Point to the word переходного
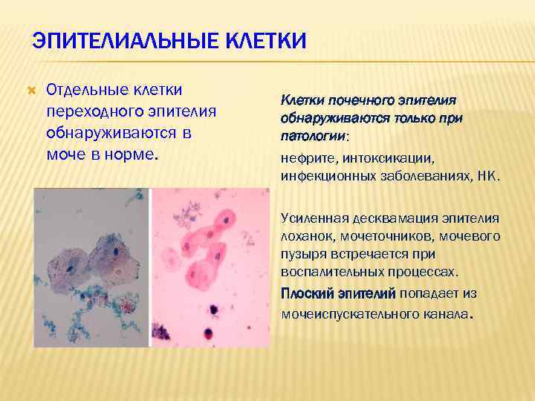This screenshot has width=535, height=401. tap(88, 111)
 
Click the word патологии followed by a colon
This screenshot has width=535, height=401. tap(313, 137)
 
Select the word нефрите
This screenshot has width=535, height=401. tap(308, 158)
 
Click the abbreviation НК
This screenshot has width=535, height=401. tap(488, 177)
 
